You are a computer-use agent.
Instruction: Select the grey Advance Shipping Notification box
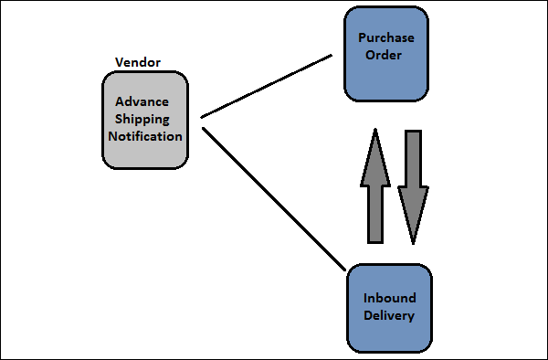pos(145,120)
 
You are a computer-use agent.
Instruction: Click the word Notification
pos(145,136)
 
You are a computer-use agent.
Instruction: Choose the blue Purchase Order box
pos(385,53)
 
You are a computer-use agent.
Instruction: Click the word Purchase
pos(385,39)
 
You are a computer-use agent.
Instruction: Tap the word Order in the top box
pos(385,56)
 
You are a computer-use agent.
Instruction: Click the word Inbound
pos(389,299)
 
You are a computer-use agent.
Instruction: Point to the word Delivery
pos(389,316)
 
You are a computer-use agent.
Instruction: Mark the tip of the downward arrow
pos(413,243)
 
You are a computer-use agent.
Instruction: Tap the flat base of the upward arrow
pos(375,241)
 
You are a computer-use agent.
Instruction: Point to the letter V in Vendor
pos(120,62)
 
